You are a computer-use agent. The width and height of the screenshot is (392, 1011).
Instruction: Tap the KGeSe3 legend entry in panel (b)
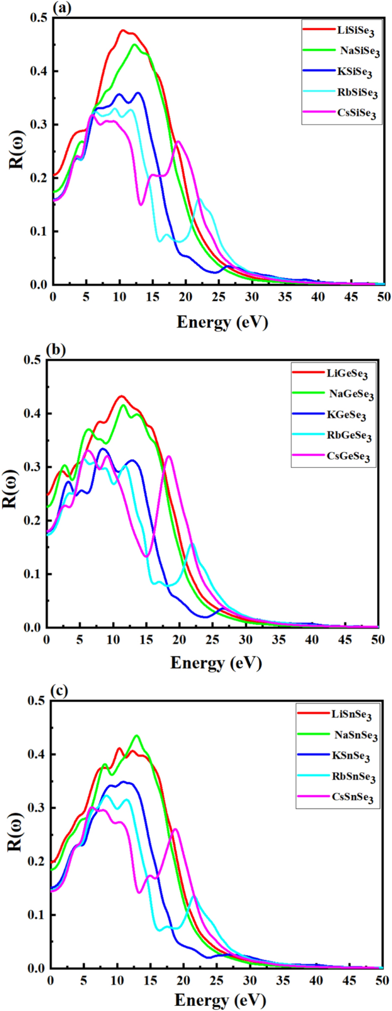pos(346,415)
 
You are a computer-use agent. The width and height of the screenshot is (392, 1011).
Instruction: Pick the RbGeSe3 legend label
pos(349,436)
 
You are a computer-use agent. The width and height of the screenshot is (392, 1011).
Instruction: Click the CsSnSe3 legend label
pos(352,797)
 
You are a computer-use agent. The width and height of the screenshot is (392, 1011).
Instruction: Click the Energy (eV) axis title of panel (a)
pos(222,322)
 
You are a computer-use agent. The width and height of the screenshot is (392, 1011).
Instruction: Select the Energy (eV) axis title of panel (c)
pos(220,1000)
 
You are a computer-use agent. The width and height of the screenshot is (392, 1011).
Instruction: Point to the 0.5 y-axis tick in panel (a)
pos(38,19)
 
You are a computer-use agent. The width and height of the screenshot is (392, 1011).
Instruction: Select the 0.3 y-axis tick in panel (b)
pos(33,467)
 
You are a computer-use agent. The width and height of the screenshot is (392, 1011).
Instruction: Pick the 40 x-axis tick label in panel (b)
pos(311,639)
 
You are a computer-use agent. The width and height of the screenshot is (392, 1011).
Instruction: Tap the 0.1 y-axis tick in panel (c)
pos(36,915)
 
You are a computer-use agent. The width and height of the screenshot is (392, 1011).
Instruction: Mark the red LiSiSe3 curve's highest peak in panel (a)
pos(123,30)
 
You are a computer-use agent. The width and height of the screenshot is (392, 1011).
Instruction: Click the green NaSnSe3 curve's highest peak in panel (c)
pos(136,736)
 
